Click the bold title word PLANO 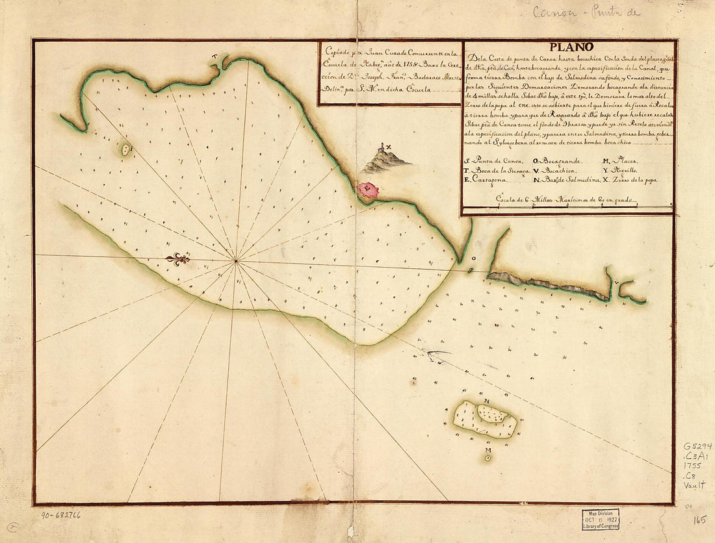point(570,47)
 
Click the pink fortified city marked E point(369,190)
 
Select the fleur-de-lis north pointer point(177,259)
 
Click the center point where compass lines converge point(237,261)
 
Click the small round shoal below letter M point(487,457)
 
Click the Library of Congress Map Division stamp point(600,519)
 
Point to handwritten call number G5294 point(697,446)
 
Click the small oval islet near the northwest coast point(125,149)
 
